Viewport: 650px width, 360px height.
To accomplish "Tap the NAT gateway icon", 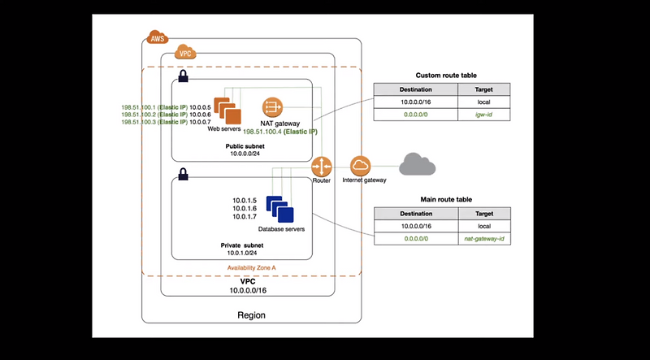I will pos(271,107).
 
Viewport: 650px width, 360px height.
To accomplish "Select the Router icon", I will pos(322,165).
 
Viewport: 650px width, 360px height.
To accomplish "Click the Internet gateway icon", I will pos(360,165).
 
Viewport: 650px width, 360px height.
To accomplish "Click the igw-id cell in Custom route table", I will pos(484,116).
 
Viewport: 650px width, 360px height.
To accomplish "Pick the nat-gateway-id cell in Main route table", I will pos(484,240).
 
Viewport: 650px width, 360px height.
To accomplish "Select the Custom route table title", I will pos(440,75).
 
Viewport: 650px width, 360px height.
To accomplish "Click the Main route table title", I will pos(440,198).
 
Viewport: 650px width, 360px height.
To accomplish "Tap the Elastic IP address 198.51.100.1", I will pos(137,106).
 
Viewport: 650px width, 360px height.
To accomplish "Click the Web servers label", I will pos(225,128).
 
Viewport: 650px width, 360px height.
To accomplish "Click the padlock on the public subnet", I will pos(183,76).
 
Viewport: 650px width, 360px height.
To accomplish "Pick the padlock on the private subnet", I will pos(183,173).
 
